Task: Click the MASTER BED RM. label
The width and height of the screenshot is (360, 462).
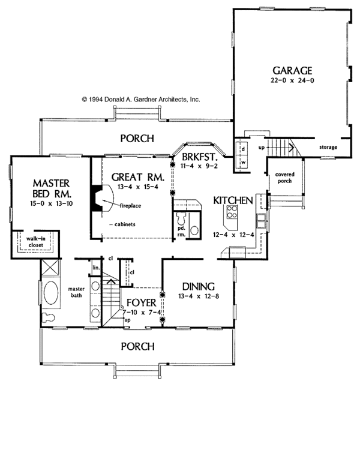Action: pyautogui.click(x=52, y=188)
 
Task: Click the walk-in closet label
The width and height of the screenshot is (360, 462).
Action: pyautogui.click(x=36, y=242)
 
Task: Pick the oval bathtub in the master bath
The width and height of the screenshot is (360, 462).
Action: pyautogui.click(x=50, y=295)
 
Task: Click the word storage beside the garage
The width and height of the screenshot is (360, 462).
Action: pyautogui.click(x=328, y=147)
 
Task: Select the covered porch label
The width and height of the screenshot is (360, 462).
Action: pyautogui.click(x=285, y=178)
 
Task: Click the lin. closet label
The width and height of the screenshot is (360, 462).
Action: pyautogui.click(x=95, y=266)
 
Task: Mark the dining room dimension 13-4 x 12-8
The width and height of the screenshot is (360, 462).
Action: pyautogui.click(x=199, y=296)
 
